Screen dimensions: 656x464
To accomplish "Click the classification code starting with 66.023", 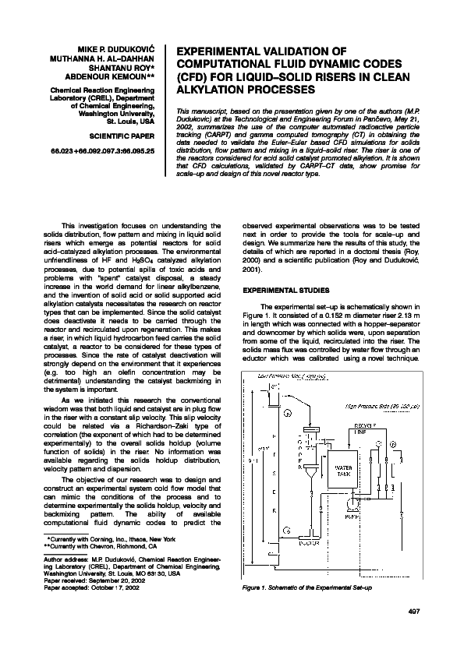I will pyautogui.click(x=102, y=149).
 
